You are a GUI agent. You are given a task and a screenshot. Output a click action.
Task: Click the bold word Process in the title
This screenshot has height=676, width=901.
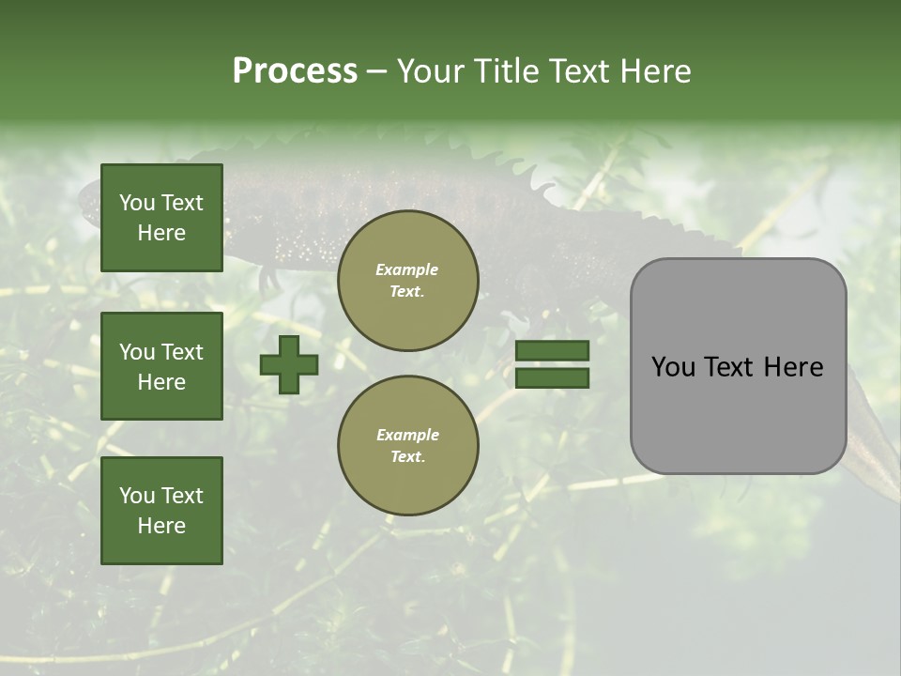tap(295, 70)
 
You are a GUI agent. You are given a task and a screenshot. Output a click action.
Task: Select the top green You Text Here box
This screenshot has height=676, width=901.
tap(161, 218)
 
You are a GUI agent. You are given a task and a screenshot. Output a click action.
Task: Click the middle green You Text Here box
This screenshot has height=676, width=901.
tap(161, 366)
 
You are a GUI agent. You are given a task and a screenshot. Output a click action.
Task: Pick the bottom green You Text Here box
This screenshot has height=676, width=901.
tap(161, 511)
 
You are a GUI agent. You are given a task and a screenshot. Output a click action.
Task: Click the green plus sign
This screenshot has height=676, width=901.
tap(289, 364)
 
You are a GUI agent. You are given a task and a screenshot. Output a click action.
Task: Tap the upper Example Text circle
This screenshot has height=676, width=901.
tap(407, 281)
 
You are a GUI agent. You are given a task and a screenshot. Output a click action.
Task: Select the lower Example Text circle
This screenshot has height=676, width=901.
tap(407, 446)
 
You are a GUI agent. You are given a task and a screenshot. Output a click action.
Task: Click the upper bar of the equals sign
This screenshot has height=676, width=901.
tap(552, 350)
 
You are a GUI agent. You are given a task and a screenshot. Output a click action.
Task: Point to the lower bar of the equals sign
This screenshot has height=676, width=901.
tap(552, 377)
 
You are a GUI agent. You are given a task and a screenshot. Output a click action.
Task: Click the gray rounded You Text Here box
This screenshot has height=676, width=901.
tap(738, 366)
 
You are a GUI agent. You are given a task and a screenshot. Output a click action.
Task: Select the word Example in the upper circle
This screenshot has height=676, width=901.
tap(407, 269)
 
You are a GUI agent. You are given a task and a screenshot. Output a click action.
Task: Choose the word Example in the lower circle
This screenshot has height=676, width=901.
tap(407, 435)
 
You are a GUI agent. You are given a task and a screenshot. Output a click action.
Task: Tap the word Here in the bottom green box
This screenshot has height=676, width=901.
tap(161, 526)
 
